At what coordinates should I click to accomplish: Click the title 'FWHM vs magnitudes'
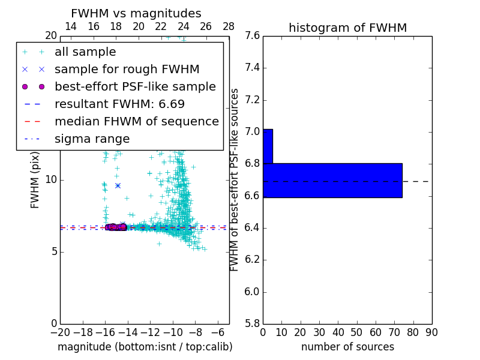[x=136, y=13]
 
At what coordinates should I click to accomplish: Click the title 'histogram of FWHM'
[x=347, y=28]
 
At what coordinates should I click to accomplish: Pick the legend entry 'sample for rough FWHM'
[x=127, y=70]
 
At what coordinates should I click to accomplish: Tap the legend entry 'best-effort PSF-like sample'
[x=135, y=87]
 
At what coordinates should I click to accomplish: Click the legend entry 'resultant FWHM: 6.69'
[x=119, y=104]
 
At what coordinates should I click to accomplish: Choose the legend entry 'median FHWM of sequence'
[x=136, y=122]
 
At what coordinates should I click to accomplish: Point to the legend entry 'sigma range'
[x=92, y=139]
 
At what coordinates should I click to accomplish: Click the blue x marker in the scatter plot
[x=118, y=185]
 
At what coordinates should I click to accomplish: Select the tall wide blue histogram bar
[x=332, y=180]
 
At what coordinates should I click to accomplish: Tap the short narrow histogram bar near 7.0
[x=268, y=146]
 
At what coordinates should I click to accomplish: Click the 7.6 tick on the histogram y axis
[x=252, y=35]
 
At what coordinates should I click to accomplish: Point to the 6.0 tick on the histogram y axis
[x=252, y=292]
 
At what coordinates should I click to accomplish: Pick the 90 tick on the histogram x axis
[x=431, y=332]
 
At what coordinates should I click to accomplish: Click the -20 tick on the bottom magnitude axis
[x=60, y=332]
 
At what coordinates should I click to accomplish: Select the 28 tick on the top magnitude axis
[x=229, y=26]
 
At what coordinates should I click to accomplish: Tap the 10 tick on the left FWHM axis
[x=50, y=179]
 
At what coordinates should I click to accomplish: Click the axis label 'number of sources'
[x=347, y=347]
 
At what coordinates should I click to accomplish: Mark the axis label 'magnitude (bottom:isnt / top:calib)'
[x=145, y=347]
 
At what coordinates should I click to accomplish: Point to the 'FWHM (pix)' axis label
[x=35, y=179]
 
